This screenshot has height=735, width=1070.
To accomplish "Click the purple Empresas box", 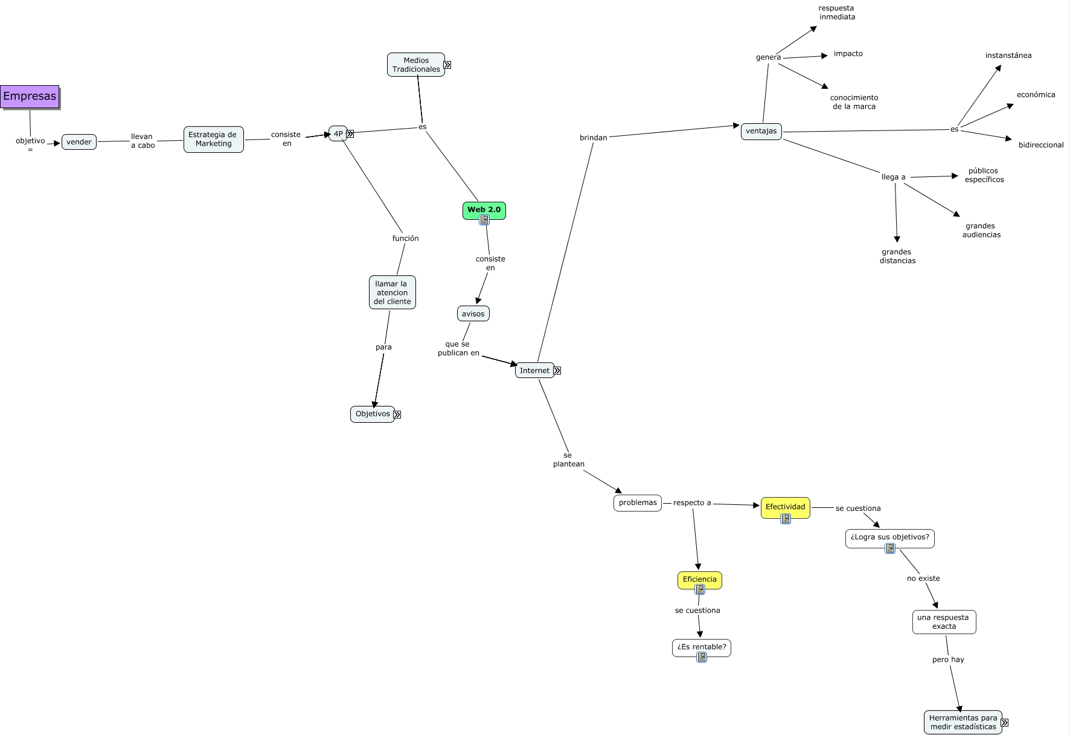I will (30, 96).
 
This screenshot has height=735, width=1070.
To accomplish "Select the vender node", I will (79, 142).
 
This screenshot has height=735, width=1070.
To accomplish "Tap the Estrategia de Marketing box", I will (213, 140).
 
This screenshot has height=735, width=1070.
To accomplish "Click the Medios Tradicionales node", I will (416, 65).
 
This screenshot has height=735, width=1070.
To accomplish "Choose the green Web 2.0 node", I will (484, 210).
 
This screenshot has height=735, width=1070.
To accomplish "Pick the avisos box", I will (473, 313).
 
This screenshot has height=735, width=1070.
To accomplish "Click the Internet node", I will (534, 370).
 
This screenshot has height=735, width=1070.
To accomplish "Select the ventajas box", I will (761, 131).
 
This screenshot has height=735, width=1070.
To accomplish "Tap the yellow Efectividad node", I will (785, 507).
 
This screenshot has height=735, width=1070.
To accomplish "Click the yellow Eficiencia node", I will (699, 579).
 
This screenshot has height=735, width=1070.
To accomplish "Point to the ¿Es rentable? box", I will (701, 647).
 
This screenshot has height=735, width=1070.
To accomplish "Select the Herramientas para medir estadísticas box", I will (963, 722).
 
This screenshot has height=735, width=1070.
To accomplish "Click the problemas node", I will (638, 502).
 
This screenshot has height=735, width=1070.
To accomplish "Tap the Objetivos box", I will (372, 414).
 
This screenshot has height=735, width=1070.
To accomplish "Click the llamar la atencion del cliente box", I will (392, 292).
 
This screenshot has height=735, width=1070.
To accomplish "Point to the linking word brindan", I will (593, 138).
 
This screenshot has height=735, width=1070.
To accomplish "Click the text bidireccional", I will (1041, 145).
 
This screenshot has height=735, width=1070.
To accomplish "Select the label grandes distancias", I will (897, 256).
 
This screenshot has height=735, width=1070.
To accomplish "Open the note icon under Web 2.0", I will (484, 220).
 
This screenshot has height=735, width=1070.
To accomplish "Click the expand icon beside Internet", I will (557, 371).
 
